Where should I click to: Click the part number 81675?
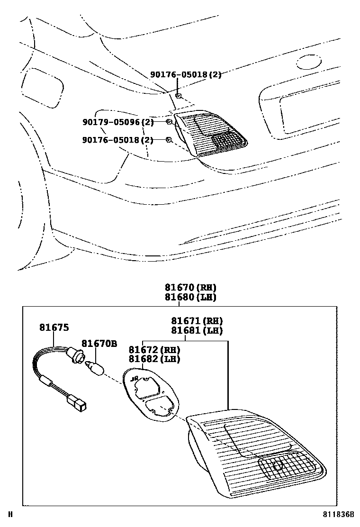tap(54, 327)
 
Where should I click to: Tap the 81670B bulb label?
tap(99, 343)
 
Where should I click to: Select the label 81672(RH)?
tap(154, 350)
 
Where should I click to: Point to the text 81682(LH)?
tap(154, 359)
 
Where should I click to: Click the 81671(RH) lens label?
tap(197, 321)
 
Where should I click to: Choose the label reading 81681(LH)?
tap(197, 331)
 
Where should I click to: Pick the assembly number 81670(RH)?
tap(190, 288)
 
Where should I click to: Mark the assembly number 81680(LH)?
tap(190, 297)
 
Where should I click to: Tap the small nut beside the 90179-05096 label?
tap(169, 122)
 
